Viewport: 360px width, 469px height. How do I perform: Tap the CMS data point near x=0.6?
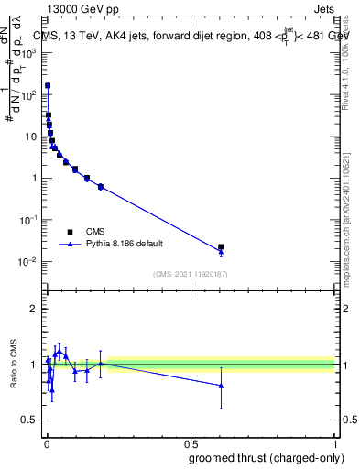point(221,246)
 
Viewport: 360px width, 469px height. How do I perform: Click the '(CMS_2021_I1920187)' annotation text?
point(190,274)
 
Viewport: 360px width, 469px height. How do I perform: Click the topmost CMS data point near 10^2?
point(48,85)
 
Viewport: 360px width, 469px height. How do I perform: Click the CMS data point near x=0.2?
point(101,187)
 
